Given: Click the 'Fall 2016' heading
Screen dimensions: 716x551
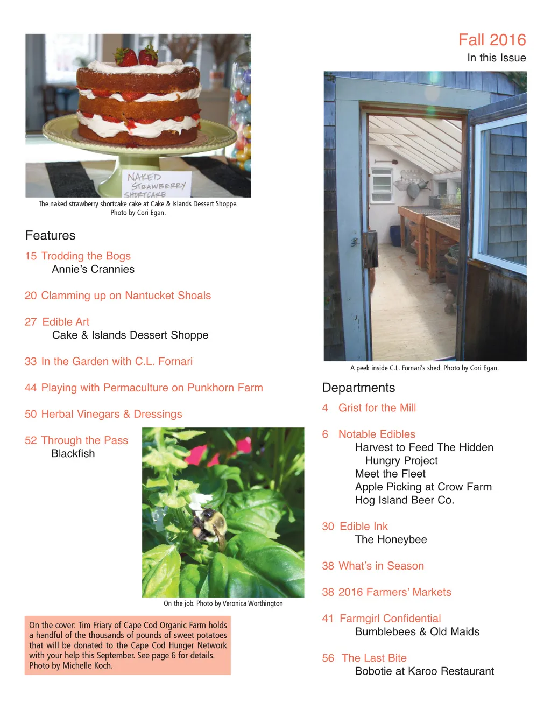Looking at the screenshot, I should [492, 40].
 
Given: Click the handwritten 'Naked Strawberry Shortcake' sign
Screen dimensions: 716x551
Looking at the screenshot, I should [156, 185].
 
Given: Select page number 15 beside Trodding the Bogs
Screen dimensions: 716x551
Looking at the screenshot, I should [31, 256].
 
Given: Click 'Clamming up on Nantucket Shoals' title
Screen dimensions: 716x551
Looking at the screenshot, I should [126, 296].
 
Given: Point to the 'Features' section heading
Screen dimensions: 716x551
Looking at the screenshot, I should [50, 235].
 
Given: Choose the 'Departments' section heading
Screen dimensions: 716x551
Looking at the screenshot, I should [358, 388].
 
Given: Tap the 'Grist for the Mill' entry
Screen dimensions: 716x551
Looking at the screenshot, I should [377, 408].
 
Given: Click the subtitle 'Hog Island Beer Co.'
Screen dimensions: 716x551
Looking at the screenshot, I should [404, 500].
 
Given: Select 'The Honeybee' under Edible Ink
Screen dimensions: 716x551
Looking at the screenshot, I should [391, 539].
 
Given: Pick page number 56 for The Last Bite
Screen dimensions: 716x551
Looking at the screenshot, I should [328, 658].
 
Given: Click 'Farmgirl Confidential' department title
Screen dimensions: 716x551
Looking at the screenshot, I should [390, 619].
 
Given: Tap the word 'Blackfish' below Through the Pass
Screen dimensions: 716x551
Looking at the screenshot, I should [73, 453].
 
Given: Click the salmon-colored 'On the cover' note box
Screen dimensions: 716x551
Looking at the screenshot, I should [128, 645].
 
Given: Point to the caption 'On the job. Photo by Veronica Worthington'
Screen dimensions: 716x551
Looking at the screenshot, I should [223, 603].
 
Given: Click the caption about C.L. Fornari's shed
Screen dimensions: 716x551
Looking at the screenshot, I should [424, 368].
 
